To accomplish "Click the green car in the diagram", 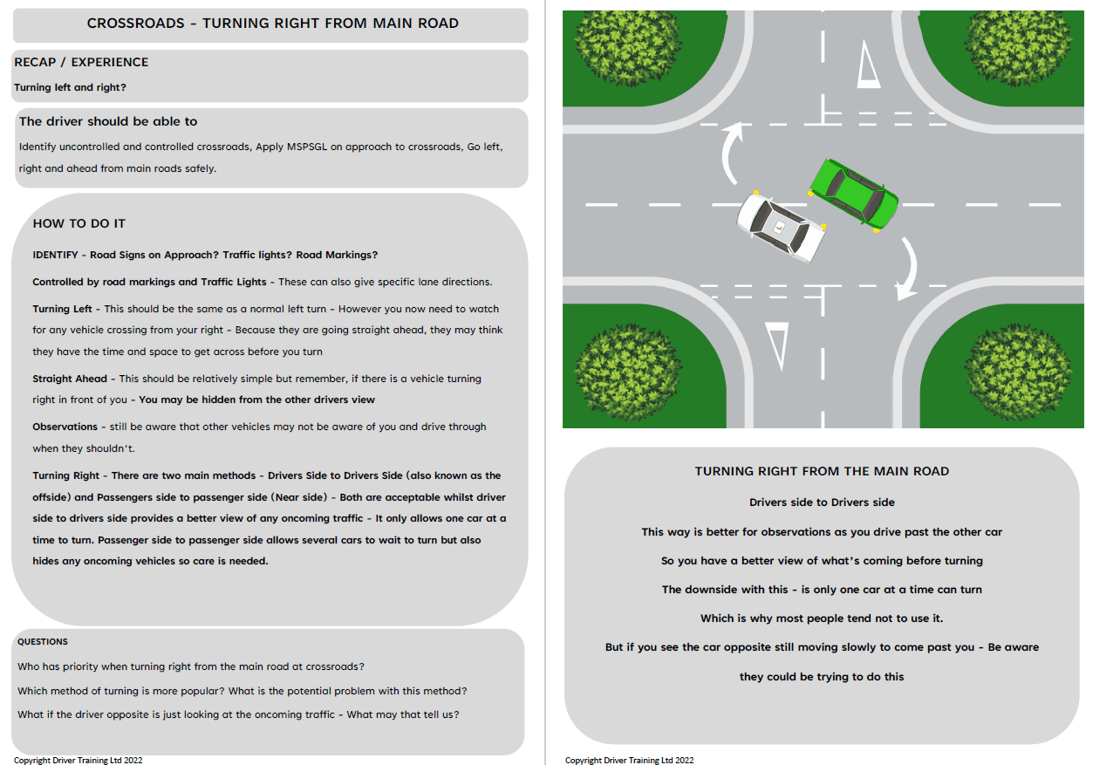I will [854, 195].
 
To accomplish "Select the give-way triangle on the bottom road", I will [776, 345].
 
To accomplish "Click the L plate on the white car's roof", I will [779, 229].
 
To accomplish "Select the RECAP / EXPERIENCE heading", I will [81, 62].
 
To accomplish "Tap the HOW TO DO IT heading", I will [79, 223].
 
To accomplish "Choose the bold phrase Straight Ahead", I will [70, 379].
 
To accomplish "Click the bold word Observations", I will [65, 427].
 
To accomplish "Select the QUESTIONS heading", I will [43, 641].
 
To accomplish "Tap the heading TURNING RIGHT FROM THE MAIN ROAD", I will [822, 471].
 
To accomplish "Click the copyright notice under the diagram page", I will [629, 760].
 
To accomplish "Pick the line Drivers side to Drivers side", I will [822, 502].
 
